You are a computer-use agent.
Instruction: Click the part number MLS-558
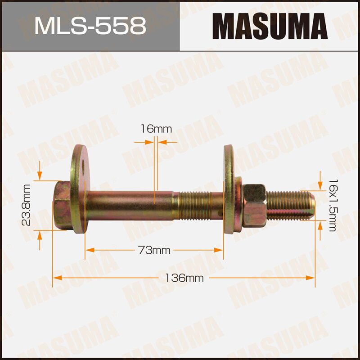pyautogui.click(x=90, y=26)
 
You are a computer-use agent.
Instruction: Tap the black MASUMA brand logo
pyautogui.click(x=270, y=26)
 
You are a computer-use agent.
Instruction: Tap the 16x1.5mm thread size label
pyautogui.click(x=333, y=205)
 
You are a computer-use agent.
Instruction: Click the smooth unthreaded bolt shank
pyautogui.click(x=130, y=205)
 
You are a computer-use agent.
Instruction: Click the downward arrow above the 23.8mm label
pyautogui.click(x=40, y=174)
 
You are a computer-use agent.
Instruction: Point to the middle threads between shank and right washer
pyautogui.click(x=198, y=205)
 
